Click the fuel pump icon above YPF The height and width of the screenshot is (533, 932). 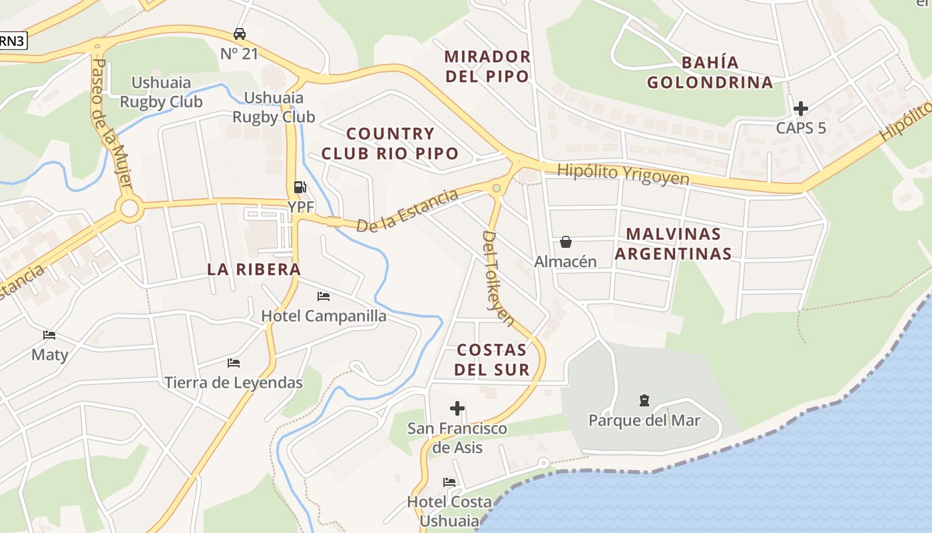click(300, 187)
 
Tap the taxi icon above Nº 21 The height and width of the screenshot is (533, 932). click(240, 33)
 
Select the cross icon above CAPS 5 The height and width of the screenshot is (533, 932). click(801, 108)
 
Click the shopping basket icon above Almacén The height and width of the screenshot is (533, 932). click(565, 241)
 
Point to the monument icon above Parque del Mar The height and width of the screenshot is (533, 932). click(644, 400)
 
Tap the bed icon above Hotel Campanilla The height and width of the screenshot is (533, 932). click(324, 296)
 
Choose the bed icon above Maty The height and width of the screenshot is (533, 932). click(49, 334)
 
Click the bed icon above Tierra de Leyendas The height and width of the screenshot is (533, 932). click(233, 363)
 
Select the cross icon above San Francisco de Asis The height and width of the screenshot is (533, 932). click(457, 408)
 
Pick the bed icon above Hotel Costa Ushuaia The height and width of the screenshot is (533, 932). click(449, 482)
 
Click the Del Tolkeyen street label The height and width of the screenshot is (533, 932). click(499, 278)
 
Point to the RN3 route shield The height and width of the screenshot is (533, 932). click(12, 40)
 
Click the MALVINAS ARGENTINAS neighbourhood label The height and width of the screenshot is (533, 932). click(673, 244)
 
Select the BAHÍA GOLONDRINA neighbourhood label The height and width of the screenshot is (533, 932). click(710, 73)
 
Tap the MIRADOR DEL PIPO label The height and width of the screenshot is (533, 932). click(487, 66)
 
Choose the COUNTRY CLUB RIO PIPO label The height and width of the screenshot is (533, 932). click(390, 143)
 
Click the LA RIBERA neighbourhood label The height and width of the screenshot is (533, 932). click(254, 269)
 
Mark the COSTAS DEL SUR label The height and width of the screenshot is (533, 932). click(492, 360)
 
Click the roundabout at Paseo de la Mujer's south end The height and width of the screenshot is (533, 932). click(129, 209)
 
